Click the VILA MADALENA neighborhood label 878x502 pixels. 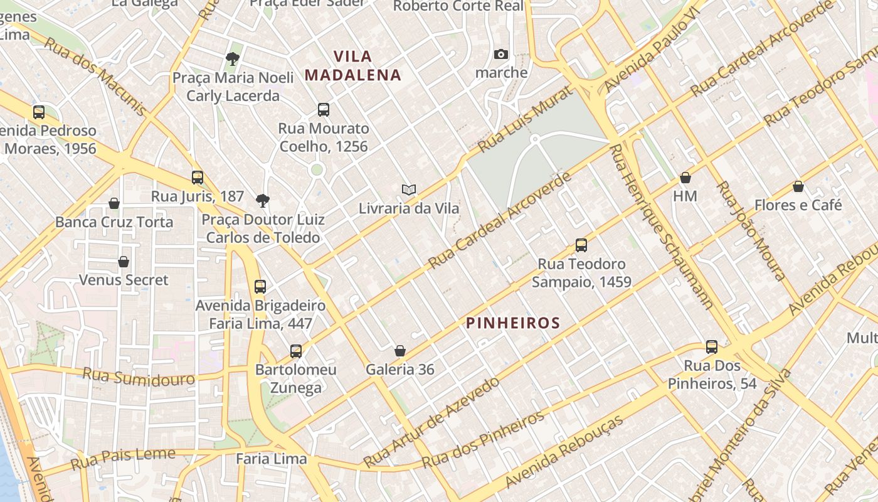pyautogui.click(x=352, y=66)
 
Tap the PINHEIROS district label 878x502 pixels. pyautogui.click(x=513, y=323)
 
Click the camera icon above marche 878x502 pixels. pyautogui.click(x=500, y=55)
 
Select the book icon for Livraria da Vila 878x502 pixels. pyautogui.click(x=409, y=190)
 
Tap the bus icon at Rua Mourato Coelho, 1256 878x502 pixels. pyautogui.click(x=324, y=110)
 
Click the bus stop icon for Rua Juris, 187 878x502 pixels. pyautogui.click(x=198, y=178)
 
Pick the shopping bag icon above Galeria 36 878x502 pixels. pyautogui.click(x=400, y=351)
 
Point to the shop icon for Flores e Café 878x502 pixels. pyautogui.click(x=798, y=186)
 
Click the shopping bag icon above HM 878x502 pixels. pyautogui.click(x=685, y=178)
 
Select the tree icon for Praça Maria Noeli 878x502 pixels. pyautogui.click(x=233, y=60)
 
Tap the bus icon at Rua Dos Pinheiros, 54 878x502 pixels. pyautogui.click(x=712, y=347)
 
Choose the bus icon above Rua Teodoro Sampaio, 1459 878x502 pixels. pyautogui.click(x=581, y=245)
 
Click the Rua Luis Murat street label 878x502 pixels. pyautogui.click(x=526, y=119)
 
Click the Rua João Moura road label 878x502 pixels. pyautogui.click(x=751, y=230)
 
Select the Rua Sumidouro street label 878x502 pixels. pyautogui.click(x=139, y=378)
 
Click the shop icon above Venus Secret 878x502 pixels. pyautogui.click(x=124, y=262)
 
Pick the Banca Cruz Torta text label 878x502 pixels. pyautogui.click(x=114, y=222)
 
